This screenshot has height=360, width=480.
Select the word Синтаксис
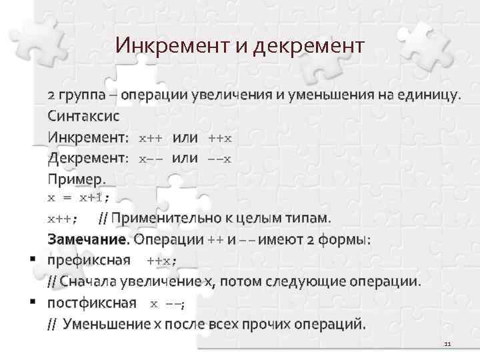coord(83,115)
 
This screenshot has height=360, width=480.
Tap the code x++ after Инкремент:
coord(151,138)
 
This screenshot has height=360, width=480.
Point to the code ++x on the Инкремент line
coord(220,138)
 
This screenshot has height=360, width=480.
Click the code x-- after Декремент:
coord(151,159)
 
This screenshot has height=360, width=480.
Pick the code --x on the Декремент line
coord(220,159)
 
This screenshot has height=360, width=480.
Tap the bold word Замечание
coord(87,239)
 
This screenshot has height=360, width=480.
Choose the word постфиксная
coord(91,303)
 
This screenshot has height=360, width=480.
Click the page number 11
coord(447,344)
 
